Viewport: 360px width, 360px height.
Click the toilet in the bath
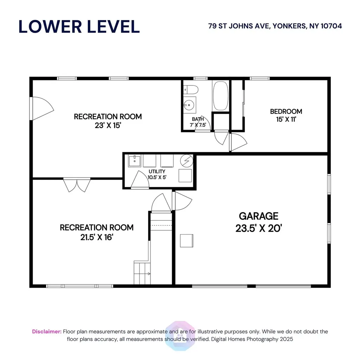(191, 90)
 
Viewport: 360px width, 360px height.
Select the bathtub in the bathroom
(220, 96)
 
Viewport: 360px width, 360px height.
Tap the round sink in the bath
(189, 105)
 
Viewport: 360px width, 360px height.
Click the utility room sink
(135, 161)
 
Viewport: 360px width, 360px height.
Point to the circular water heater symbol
(186, 161)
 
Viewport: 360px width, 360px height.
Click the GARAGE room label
(258, 216)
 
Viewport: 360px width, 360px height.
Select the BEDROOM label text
(286, 111)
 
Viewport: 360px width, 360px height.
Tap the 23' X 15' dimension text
(108, 126)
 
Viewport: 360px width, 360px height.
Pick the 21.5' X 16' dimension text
(97, 237)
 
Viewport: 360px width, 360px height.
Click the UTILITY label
(157, 172)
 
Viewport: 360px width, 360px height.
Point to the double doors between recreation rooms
(77, 185)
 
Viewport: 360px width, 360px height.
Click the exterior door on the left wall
(41, 108)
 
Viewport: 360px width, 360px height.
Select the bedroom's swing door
(238, 142)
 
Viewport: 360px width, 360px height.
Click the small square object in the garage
(186, 240)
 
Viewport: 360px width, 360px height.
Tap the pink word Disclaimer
(47, 332)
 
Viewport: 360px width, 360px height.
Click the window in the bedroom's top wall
(260, 78)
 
